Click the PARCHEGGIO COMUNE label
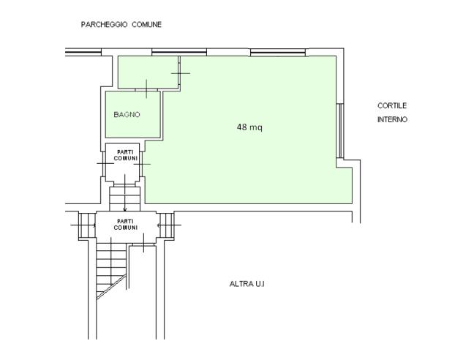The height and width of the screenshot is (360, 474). (x=121, y=24)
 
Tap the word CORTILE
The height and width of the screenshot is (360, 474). (x=392, y=105)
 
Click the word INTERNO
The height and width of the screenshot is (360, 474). (x=392, y=119)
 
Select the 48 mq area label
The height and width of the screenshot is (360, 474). (x=249, y=127)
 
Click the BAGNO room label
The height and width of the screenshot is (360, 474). (x=127, y=115)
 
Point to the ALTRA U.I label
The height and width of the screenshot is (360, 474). (x=247, y=284)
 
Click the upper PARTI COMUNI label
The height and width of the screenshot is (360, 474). (x=126, y=155)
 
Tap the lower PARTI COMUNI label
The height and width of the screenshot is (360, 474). (x=126, y=225)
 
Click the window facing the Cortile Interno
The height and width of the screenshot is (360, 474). (x=340, y=131)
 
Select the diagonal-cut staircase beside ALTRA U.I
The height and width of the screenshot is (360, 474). (x=111, y=271)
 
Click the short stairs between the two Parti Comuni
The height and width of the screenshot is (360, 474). (x=125, y=198)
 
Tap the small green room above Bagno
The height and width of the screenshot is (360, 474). (x=148, y=72)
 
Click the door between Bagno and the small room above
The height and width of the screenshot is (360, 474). (x=146, y=90)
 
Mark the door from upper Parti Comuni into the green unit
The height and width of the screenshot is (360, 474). (x=142, y=164)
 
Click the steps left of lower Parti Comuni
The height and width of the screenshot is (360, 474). (x=87, y=225)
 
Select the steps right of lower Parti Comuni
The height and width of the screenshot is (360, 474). (x=167, y=225)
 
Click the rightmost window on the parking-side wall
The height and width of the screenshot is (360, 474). (x=278, y=53)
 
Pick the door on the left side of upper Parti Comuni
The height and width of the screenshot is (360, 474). (x=105, y=163)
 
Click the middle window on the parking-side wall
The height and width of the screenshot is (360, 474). (x=179, y=53)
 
